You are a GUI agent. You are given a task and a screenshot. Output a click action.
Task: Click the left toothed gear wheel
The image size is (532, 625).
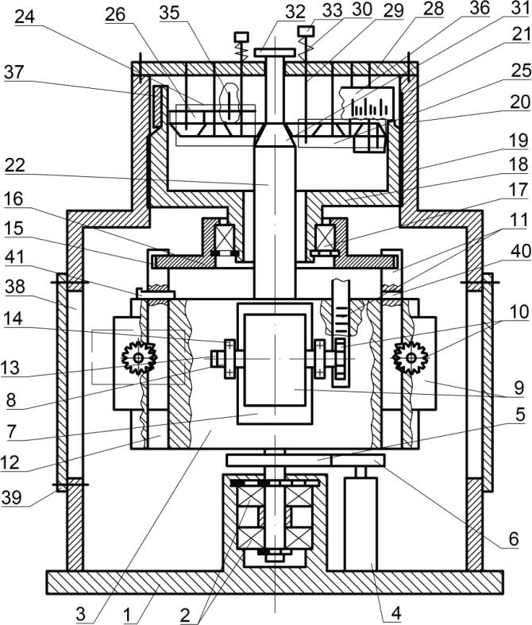pyautogui.click(x=139, y=359)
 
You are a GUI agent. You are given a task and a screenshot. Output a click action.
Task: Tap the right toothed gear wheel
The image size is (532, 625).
pyautogui.click(x=411, y=359)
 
